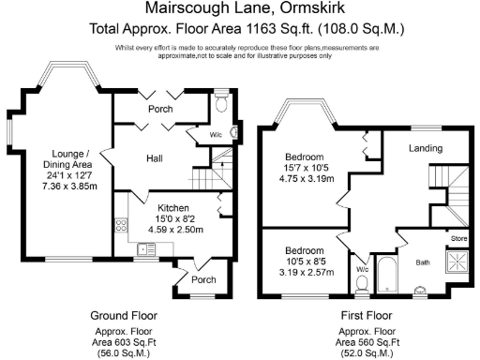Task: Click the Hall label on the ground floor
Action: pyautogui.click(x=155, y=158)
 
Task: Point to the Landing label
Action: pyautogui.click(x=426, y=148)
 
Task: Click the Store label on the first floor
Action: pyautogui.click(x=458, y=239)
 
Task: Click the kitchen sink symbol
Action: pyautogui.click(x=145, y=248)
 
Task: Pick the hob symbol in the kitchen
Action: pyautogui.click(x=120, y=225)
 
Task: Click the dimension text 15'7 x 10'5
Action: pyautogui.click(x=307, y=168)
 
